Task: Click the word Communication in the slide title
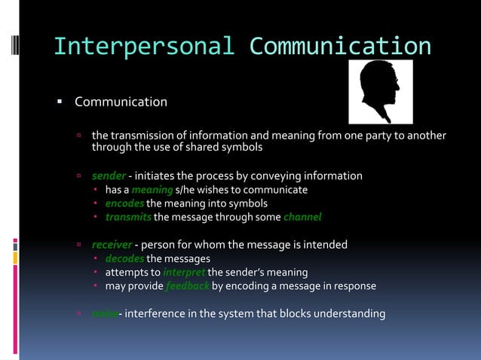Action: pos(340,46)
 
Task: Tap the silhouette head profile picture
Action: pos(380,91)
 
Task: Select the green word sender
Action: pos(109,176)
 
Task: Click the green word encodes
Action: pos(124,203)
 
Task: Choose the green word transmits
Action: pos(128,217)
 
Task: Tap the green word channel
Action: pos(302,217)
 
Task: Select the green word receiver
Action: pos(112,245)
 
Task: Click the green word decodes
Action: pos(124,258)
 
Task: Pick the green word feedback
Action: pos(187,286)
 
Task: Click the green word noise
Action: pos(104,313)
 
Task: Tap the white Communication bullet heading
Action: pos(121,102)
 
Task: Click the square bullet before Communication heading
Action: pos(59,101)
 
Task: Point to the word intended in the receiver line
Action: pos(326,245)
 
